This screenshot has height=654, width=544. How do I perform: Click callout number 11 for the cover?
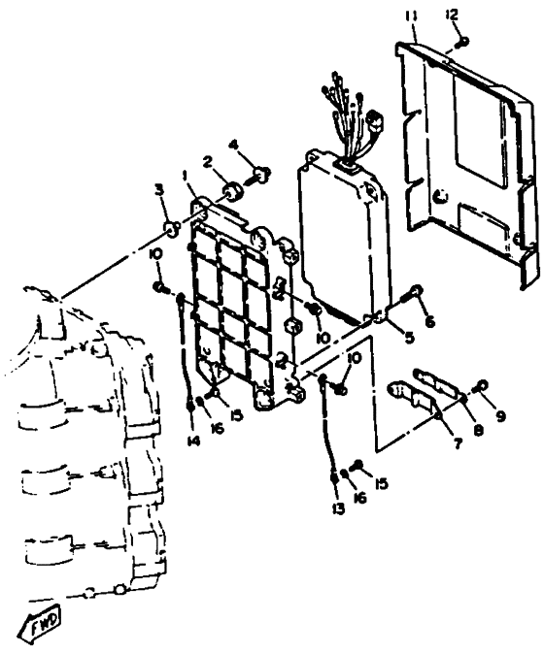point(411,17)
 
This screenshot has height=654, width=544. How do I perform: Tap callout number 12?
point(452,15)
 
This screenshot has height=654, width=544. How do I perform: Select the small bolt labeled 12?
point(462,42)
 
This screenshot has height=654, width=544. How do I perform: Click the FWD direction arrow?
point(43,618)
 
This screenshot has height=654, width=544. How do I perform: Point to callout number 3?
point(159,190)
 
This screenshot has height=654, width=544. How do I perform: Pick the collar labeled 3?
point(172,229)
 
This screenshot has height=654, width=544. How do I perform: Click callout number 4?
point(234,146)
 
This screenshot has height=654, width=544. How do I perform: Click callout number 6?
point(429,321)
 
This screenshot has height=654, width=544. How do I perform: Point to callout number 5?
point(409,337)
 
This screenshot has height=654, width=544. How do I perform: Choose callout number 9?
point(499,415)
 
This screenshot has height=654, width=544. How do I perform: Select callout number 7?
point(458,444)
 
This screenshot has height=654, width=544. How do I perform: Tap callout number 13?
point(339,508)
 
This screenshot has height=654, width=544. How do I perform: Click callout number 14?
point(193,440)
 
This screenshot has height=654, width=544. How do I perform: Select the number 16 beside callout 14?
point(217,428)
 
